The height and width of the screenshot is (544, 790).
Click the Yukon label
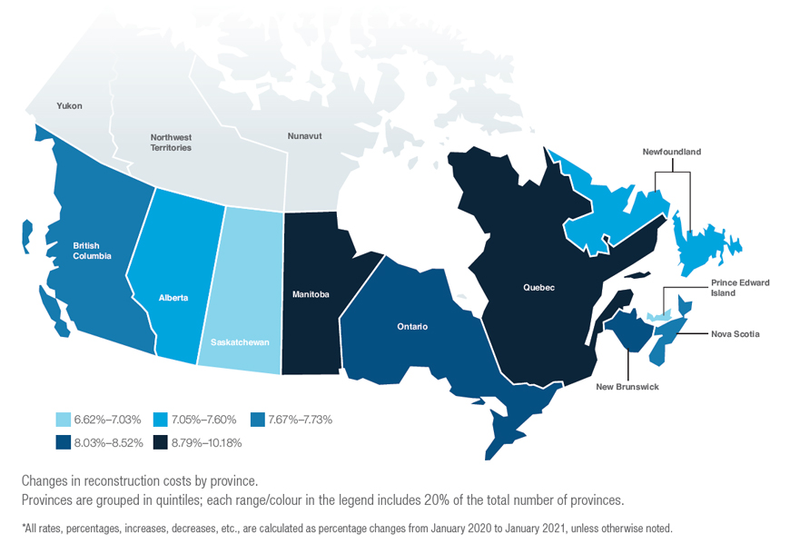[x=69, y=106]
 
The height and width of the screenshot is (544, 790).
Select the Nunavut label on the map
[x=306, y=136]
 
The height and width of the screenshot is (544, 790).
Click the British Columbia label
[x=93, y=251]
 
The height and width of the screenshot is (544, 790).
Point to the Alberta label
[x=173, y=297]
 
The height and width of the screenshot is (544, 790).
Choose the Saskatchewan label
[x=239, y=342]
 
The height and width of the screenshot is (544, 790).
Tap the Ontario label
[x=411, y=326]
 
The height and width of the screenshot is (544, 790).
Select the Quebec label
[x=538, y=288]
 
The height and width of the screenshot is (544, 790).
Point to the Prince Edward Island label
[x=740, y=288]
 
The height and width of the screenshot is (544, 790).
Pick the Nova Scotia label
[x=735, y=334]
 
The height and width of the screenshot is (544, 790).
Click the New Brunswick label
[x=627, y=387]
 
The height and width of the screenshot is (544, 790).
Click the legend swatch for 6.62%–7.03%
[x=64, y=420]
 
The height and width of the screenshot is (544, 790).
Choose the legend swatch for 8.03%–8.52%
[x=64, y=443]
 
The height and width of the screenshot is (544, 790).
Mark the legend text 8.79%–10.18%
[x=205, y=443]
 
